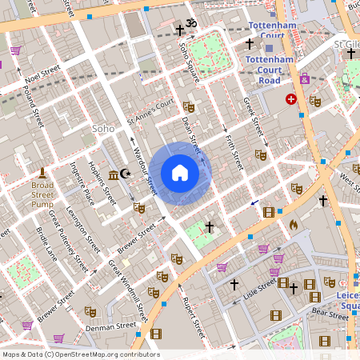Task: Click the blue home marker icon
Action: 180,173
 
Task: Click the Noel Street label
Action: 42,78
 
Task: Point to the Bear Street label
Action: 330,313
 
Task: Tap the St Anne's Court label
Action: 151,114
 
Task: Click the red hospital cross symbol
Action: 291,99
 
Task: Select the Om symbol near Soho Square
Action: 190,23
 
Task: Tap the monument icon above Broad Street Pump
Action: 42,172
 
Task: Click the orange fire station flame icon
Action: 293,225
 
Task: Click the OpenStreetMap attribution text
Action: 80,354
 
